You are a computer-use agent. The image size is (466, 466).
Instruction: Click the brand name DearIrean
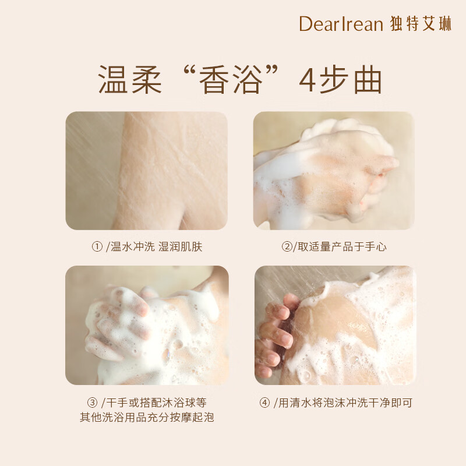point(341,24)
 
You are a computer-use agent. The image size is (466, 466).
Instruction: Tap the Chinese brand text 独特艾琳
point(421,24)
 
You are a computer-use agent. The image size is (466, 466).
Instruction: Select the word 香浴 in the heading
point(231,80)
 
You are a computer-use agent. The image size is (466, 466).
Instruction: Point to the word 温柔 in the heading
point(130,80)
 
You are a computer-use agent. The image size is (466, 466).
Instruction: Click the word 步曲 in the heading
point(351,80)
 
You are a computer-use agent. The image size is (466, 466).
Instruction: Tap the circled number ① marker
point(97,246)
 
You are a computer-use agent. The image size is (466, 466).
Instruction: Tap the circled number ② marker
point(287,246)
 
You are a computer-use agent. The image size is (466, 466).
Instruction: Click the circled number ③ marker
point(92,403)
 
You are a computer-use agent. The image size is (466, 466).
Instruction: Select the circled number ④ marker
point(264,403)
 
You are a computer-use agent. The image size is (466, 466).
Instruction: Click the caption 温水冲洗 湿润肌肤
point(156,246)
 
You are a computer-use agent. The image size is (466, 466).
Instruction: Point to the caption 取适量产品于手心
point(342,246)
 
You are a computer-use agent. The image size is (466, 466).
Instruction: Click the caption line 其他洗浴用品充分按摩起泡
point(147,417)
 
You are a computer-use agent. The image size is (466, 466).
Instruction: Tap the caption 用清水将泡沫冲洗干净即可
point(345,403)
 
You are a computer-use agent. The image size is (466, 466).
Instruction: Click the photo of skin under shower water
point(147,171)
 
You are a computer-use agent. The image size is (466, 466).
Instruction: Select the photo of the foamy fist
point(334,171)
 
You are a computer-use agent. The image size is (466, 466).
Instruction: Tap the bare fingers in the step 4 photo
point(276,336)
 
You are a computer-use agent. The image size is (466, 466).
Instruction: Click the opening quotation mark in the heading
point(191,72)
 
